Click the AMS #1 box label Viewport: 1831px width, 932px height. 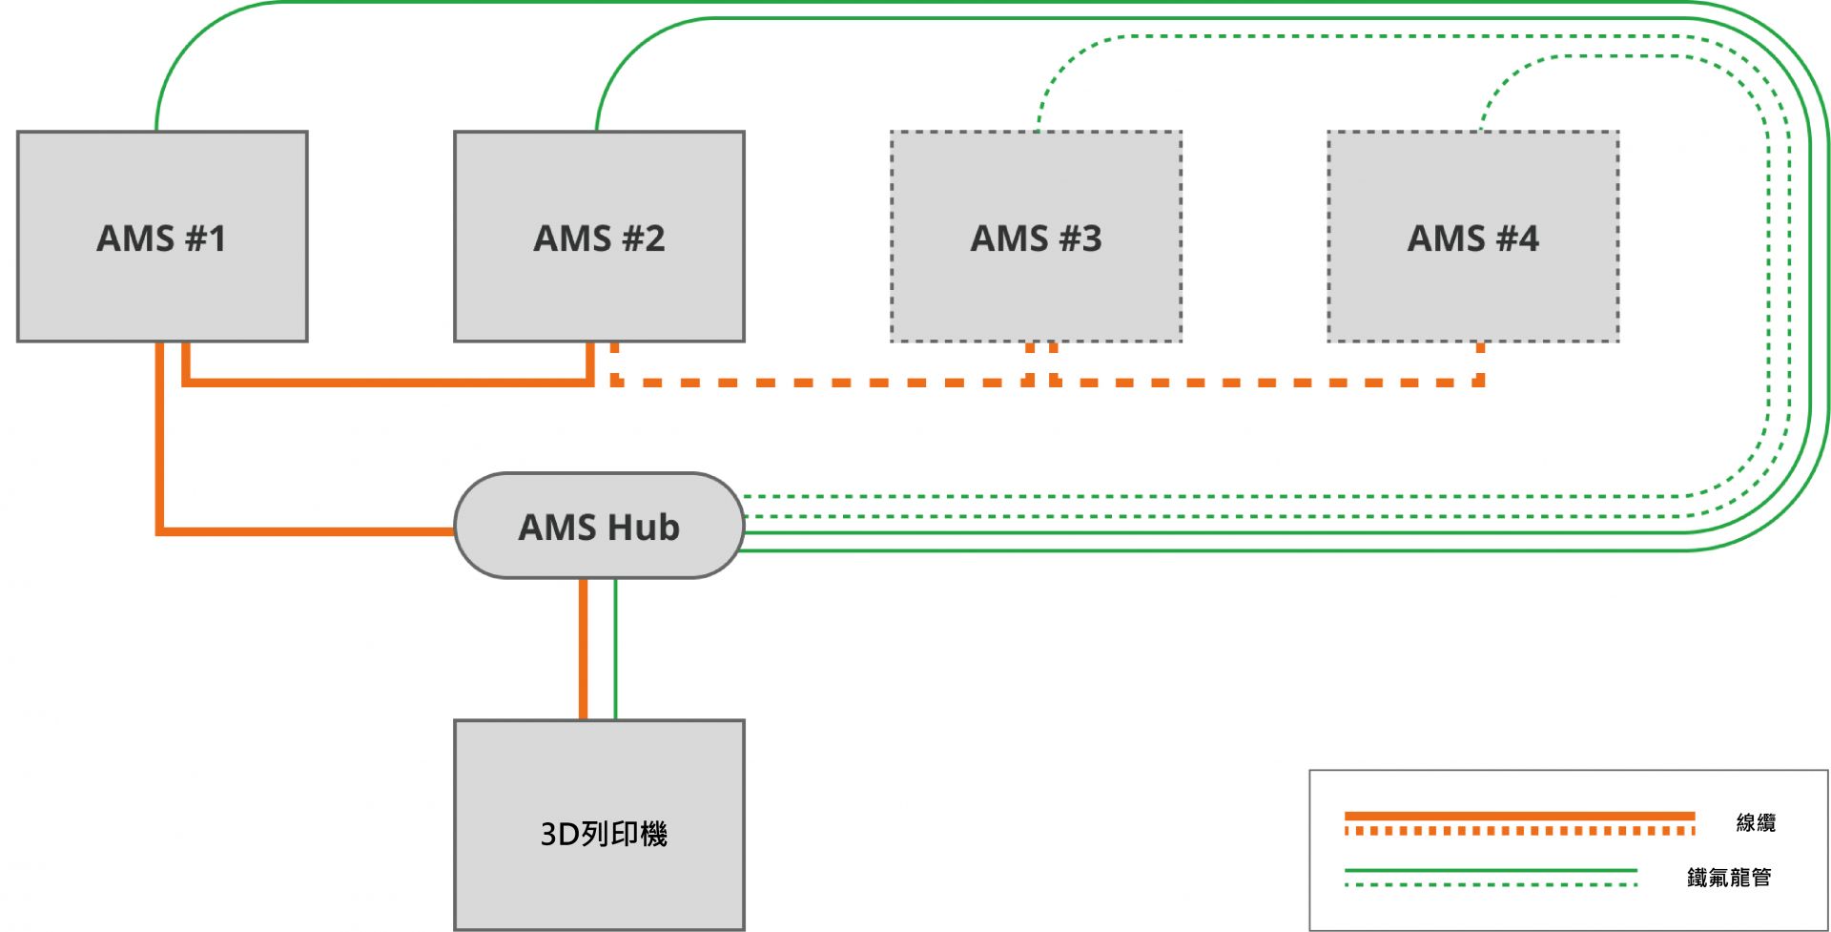point(161,238)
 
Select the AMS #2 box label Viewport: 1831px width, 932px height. point(599,238)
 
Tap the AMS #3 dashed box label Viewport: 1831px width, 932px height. point(1036,238)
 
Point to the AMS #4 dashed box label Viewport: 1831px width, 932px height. point(1472,238)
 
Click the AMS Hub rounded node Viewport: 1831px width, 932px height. point(599,527)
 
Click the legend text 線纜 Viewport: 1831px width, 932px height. point(1756,822)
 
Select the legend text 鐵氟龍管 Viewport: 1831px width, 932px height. point(1728,877)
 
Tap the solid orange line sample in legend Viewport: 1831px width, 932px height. point(1519,816)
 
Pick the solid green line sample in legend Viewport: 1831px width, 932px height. point(1491,870)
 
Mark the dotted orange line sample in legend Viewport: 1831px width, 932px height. point(1519,831)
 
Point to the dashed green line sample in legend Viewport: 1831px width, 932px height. point(1491,885)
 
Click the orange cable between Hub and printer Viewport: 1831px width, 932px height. point(583,649)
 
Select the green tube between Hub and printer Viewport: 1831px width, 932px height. point(615,649)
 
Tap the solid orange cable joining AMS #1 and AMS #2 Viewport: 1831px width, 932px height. point(386,383)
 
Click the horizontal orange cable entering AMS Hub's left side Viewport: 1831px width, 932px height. point(305,530)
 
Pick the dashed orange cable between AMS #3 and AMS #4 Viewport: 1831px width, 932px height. point(1268,383)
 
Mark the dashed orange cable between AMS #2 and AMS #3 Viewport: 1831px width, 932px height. point(820,383)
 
